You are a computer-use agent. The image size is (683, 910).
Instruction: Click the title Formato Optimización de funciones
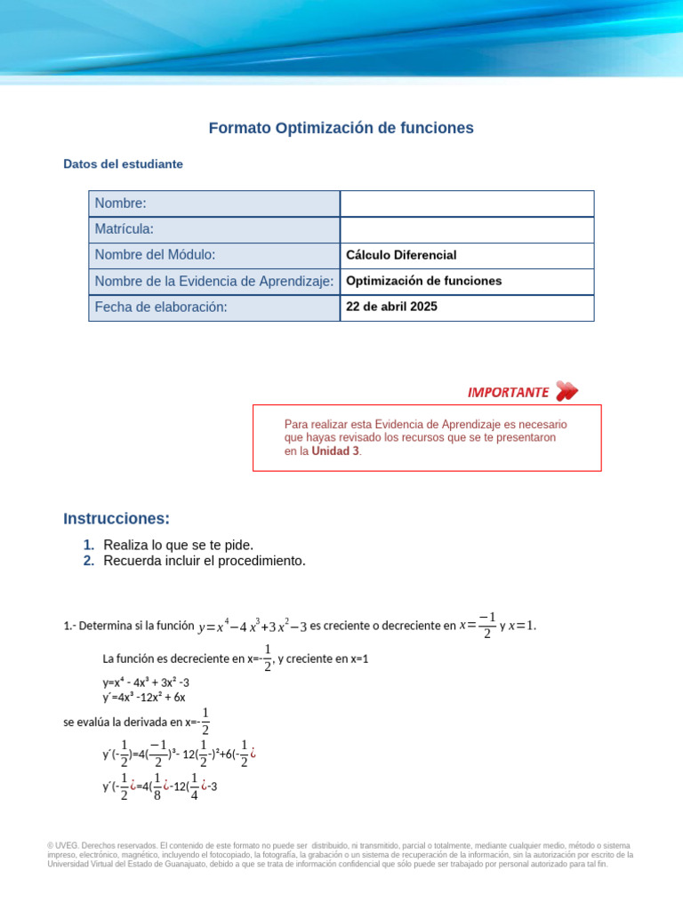[341, 128]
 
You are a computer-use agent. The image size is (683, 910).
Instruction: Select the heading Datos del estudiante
[124, 164]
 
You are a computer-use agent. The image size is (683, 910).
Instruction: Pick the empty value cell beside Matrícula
[467, 229]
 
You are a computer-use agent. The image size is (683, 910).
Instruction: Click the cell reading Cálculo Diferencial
[401, 255]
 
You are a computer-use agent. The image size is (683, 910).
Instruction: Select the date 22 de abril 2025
[391, 307]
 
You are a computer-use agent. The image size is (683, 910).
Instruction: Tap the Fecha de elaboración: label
[161, 307]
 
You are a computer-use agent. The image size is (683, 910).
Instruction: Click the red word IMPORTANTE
[508, 392]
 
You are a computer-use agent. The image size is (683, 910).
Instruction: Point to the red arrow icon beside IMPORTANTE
[566, 391]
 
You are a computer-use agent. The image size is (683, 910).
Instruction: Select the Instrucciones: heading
[117, 519]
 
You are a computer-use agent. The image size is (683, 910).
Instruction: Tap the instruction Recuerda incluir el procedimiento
[204, 561]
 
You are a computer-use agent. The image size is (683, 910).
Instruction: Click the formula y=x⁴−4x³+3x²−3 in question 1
[253, 627]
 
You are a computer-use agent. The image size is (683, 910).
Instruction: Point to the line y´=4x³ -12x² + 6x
[144, 698]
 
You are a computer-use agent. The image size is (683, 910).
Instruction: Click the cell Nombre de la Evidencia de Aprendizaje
[213, 281]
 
